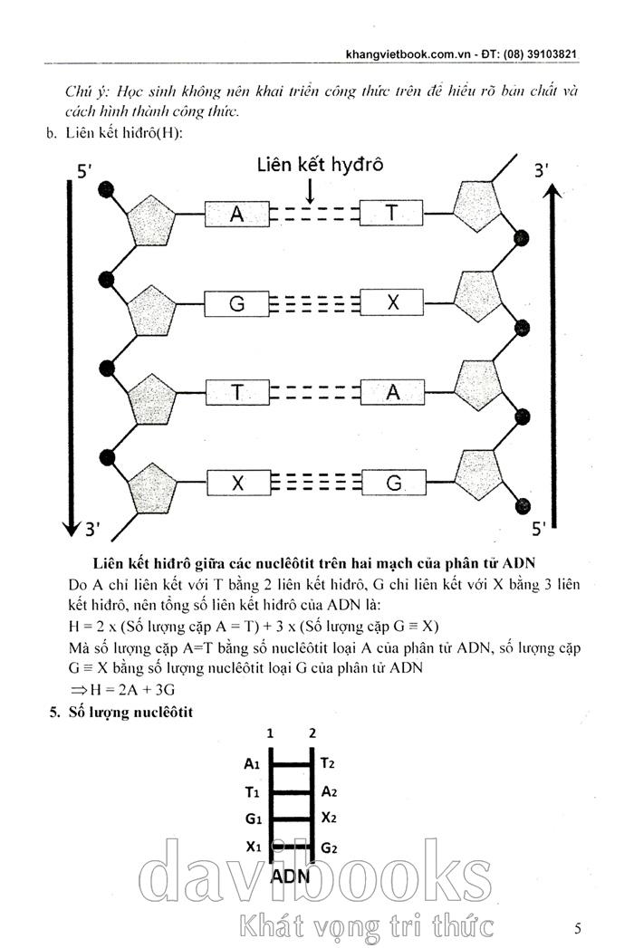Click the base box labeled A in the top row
pyautogui.click(x=237, y=214)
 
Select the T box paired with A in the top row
pyautogui.click(x=391, y=214)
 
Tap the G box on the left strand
pyautogui.click(x=237, y=304)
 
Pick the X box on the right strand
pyautogui.click(x=391, y=304)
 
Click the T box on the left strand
pyautogui.click(x=237, y=392)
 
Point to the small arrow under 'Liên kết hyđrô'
pyautogui.click(x=311, y=190)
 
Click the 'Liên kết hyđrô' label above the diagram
pyautogui.click(x=320, y=165)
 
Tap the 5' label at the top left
pyautogui.click(x=85, y=172)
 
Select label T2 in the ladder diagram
pyautogui.click(x=329, y=763)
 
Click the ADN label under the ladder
pyautogui.click(x=291, y=876)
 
